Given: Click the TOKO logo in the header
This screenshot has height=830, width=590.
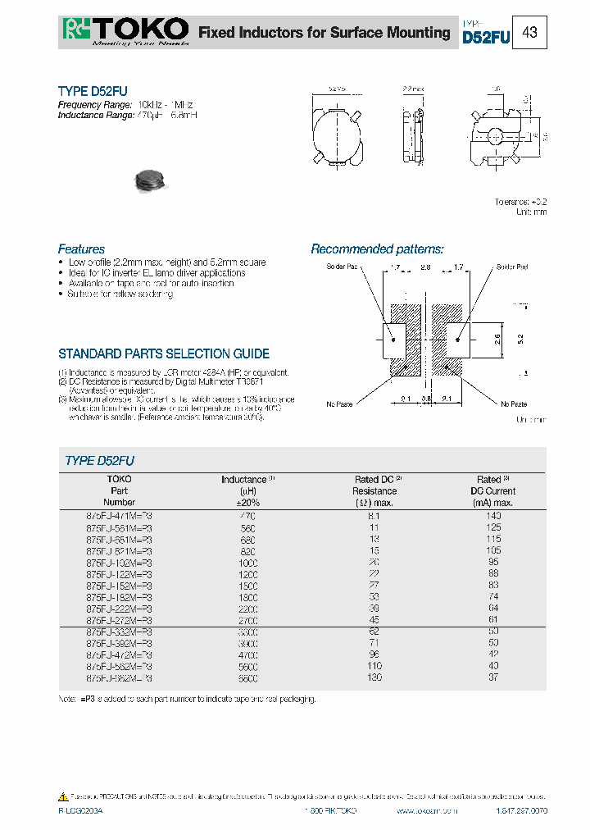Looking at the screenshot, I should point(125,31).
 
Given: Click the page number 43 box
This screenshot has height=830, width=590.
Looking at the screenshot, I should point(529,33).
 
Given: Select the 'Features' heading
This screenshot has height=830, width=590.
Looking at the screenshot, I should point(81,249).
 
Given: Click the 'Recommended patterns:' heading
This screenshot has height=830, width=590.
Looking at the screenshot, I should point(377,249).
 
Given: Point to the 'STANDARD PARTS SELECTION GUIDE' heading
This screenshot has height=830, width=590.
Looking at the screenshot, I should point(164,353).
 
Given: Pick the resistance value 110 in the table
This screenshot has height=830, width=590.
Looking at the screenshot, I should point(373,667).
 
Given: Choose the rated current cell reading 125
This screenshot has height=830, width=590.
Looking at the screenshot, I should point(493,528).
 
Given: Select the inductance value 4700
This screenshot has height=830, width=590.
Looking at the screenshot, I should point(247,655).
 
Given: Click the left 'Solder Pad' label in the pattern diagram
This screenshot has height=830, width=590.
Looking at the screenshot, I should point(343,267).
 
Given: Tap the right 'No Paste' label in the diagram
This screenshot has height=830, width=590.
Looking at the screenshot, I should point(514,404).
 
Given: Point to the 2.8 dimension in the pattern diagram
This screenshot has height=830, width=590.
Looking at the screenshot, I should point(426,267).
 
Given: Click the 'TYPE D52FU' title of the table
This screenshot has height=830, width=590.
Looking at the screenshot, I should point(99,461).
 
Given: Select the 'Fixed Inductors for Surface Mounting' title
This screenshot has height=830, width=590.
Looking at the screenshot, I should point(324,33).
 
